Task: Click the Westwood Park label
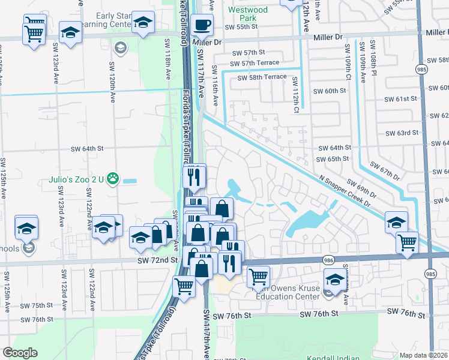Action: (248, 14)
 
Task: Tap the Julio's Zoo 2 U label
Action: (76, 179)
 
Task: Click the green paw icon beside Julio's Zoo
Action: (112, 179)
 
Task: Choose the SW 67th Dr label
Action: (385, 172)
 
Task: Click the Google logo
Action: (20, 353)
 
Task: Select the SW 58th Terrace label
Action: (262, 77)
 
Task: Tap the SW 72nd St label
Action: (157, 260)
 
